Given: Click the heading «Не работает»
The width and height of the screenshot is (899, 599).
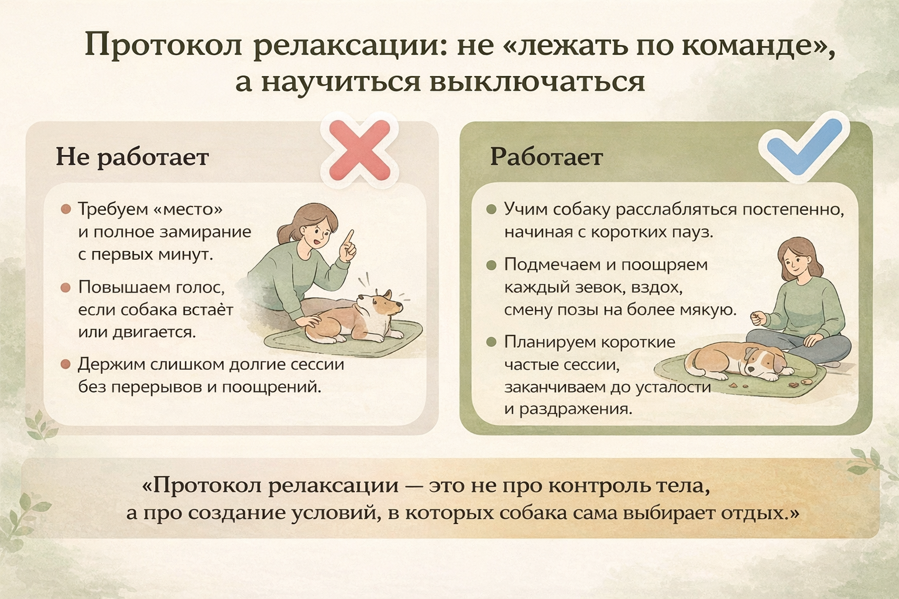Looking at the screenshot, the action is point(132,157).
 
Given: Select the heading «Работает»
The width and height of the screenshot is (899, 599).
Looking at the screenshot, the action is point(547,157).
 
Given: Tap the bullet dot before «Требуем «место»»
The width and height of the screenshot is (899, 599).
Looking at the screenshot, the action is point(66,209).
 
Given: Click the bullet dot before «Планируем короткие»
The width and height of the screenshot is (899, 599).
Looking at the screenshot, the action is point(491,342).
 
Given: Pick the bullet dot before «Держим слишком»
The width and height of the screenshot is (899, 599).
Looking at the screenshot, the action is point(66,364).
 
